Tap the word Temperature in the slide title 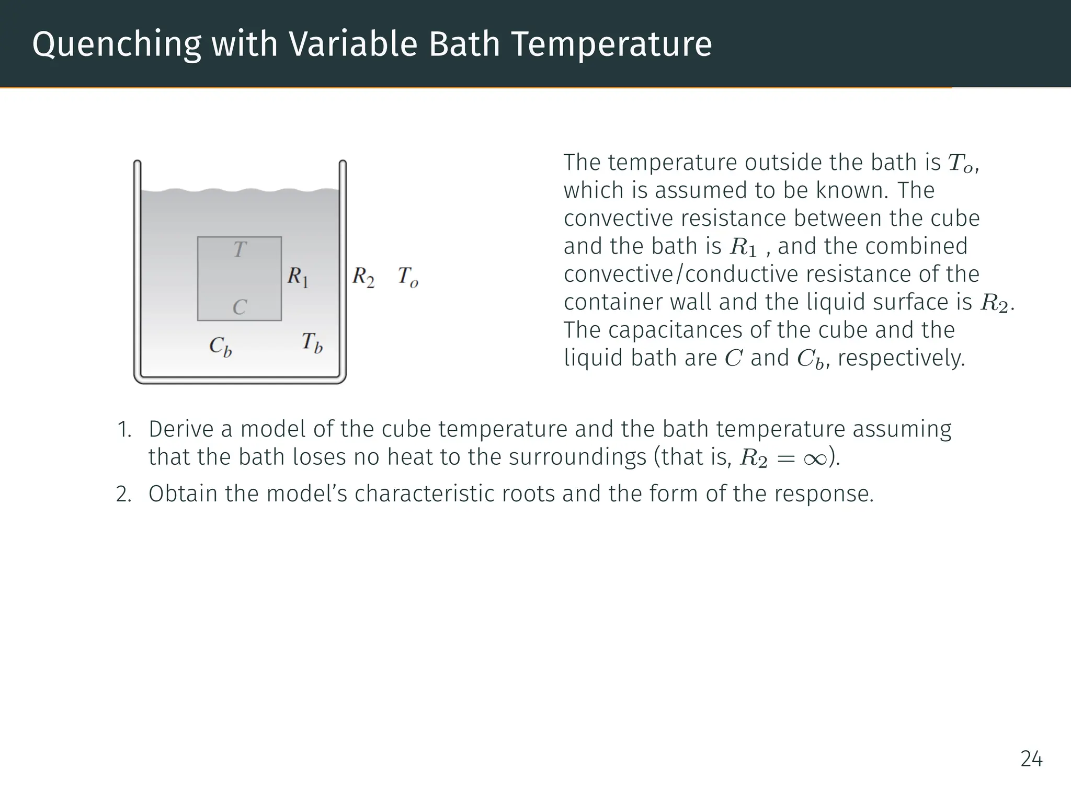pos(611,44)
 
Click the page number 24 pos(1031,759)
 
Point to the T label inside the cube pos(240,250)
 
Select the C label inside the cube pos(240,307)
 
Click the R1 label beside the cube pos(298,277)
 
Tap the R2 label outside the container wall pos(363,277)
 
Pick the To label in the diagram pos(408,277)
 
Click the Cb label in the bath pos(220,346)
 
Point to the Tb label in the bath pos(312,343)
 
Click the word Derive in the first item pos(180,430)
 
